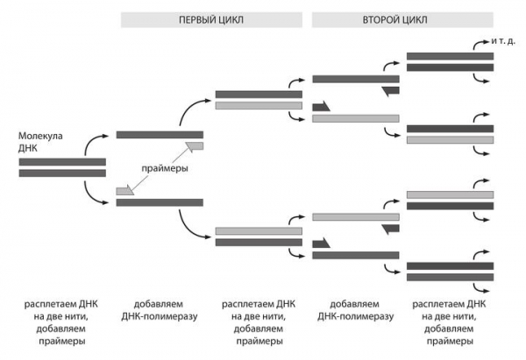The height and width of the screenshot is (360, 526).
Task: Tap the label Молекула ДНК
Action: coord(39,142)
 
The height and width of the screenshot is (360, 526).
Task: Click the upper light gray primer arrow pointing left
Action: coord(193,146)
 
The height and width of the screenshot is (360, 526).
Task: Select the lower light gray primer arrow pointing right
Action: coord(126,188)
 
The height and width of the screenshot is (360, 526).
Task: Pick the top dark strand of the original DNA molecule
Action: coord(62,162)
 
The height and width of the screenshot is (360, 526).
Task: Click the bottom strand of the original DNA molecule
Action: coord(62,173)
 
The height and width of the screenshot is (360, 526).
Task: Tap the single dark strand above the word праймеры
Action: coord(160,134)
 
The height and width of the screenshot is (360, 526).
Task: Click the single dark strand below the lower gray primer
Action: coord(160,202)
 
